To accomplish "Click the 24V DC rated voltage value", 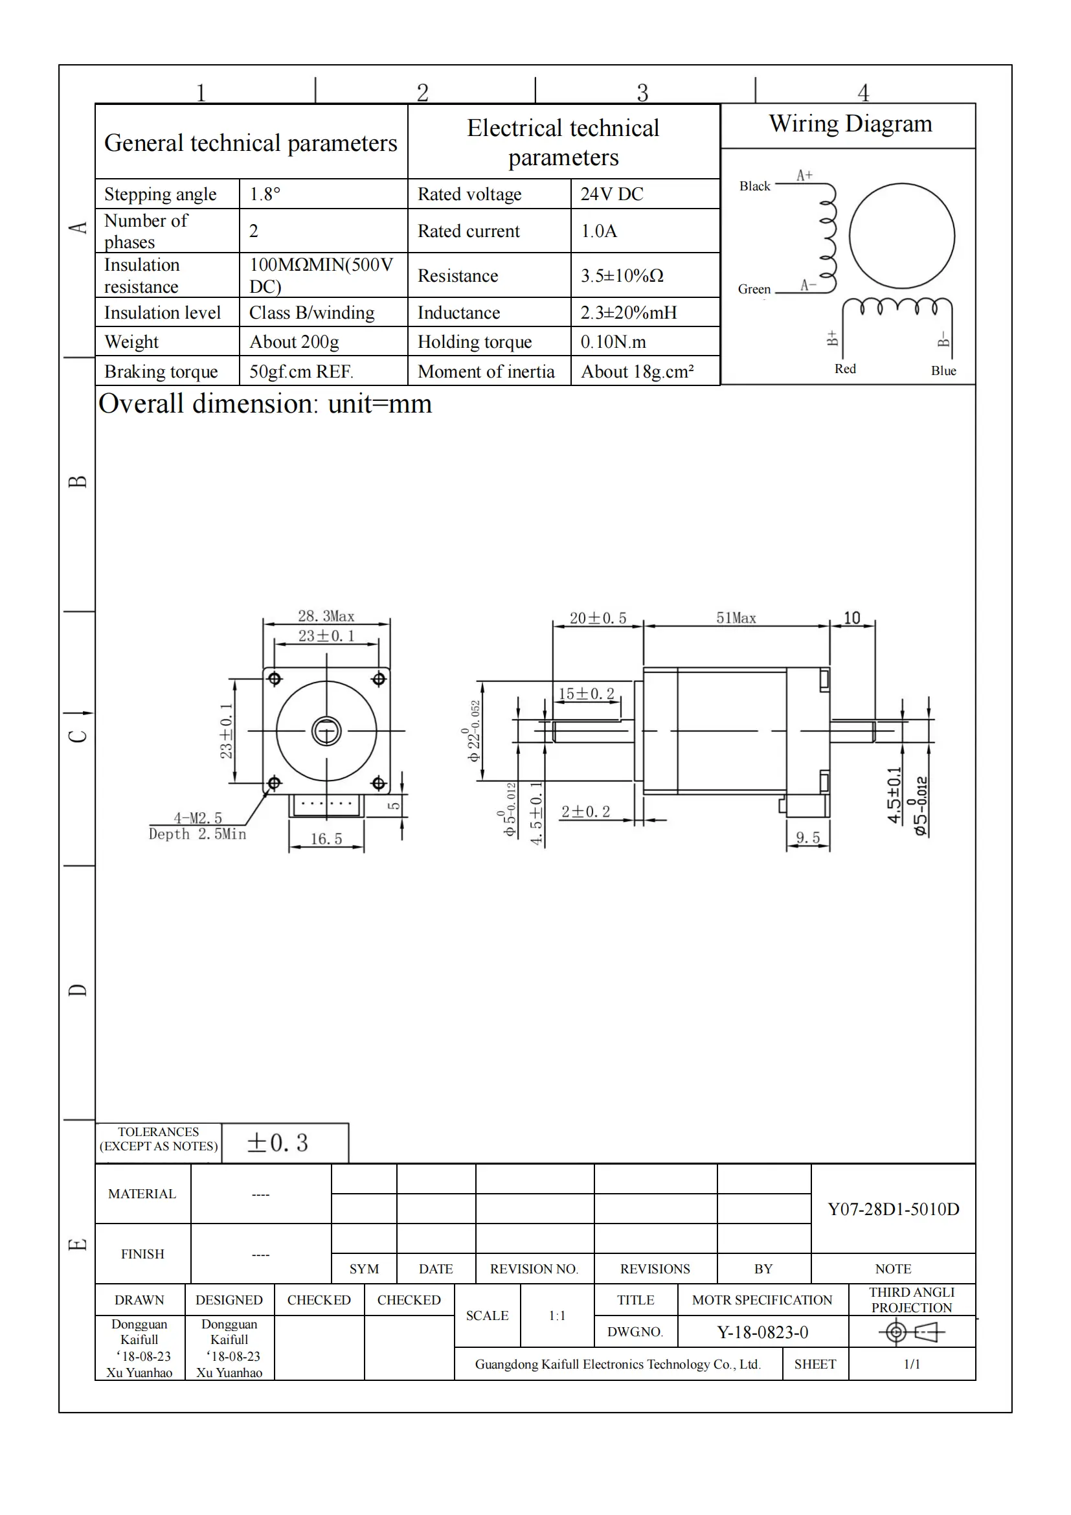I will [x=611, y=194].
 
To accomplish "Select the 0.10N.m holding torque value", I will [x=613, y=342].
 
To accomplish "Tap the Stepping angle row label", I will [x=160, y=194].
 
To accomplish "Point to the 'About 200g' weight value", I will [x=293, y=342].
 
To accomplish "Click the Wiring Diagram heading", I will [x=850, y=124].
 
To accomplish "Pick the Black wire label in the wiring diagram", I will [x=754, y=186].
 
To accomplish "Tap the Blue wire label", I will [x=943, y=371].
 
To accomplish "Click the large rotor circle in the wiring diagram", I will [x=901, y=236].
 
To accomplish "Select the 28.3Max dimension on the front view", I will [x=326, y=616].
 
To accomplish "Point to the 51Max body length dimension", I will [x=736, y=619].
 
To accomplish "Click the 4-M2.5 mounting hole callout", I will [x=198, y=818].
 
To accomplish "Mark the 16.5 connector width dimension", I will [x=326, y=839].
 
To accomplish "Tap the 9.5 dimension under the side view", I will [x=807, y=838].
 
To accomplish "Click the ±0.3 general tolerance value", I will [x=278, y=1143].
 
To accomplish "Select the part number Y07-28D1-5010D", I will [x=893, y=1209].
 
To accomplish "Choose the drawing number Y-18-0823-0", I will [x=762, y=1332].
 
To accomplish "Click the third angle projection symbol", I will [x=912, y=1332].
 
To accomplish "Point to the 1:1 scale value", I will [x=557, y=1316].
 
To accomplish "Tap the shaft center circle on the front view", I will [x=326, y=731].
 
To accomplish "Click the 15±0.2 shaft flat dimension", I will [x=585, y=694].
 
